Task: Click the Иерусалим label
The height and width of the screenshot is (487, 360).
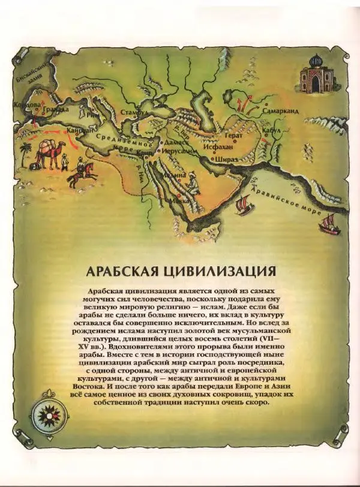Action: [178, 152]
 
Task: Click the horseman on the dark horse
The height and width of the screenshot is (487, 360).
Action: [82, 174]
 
